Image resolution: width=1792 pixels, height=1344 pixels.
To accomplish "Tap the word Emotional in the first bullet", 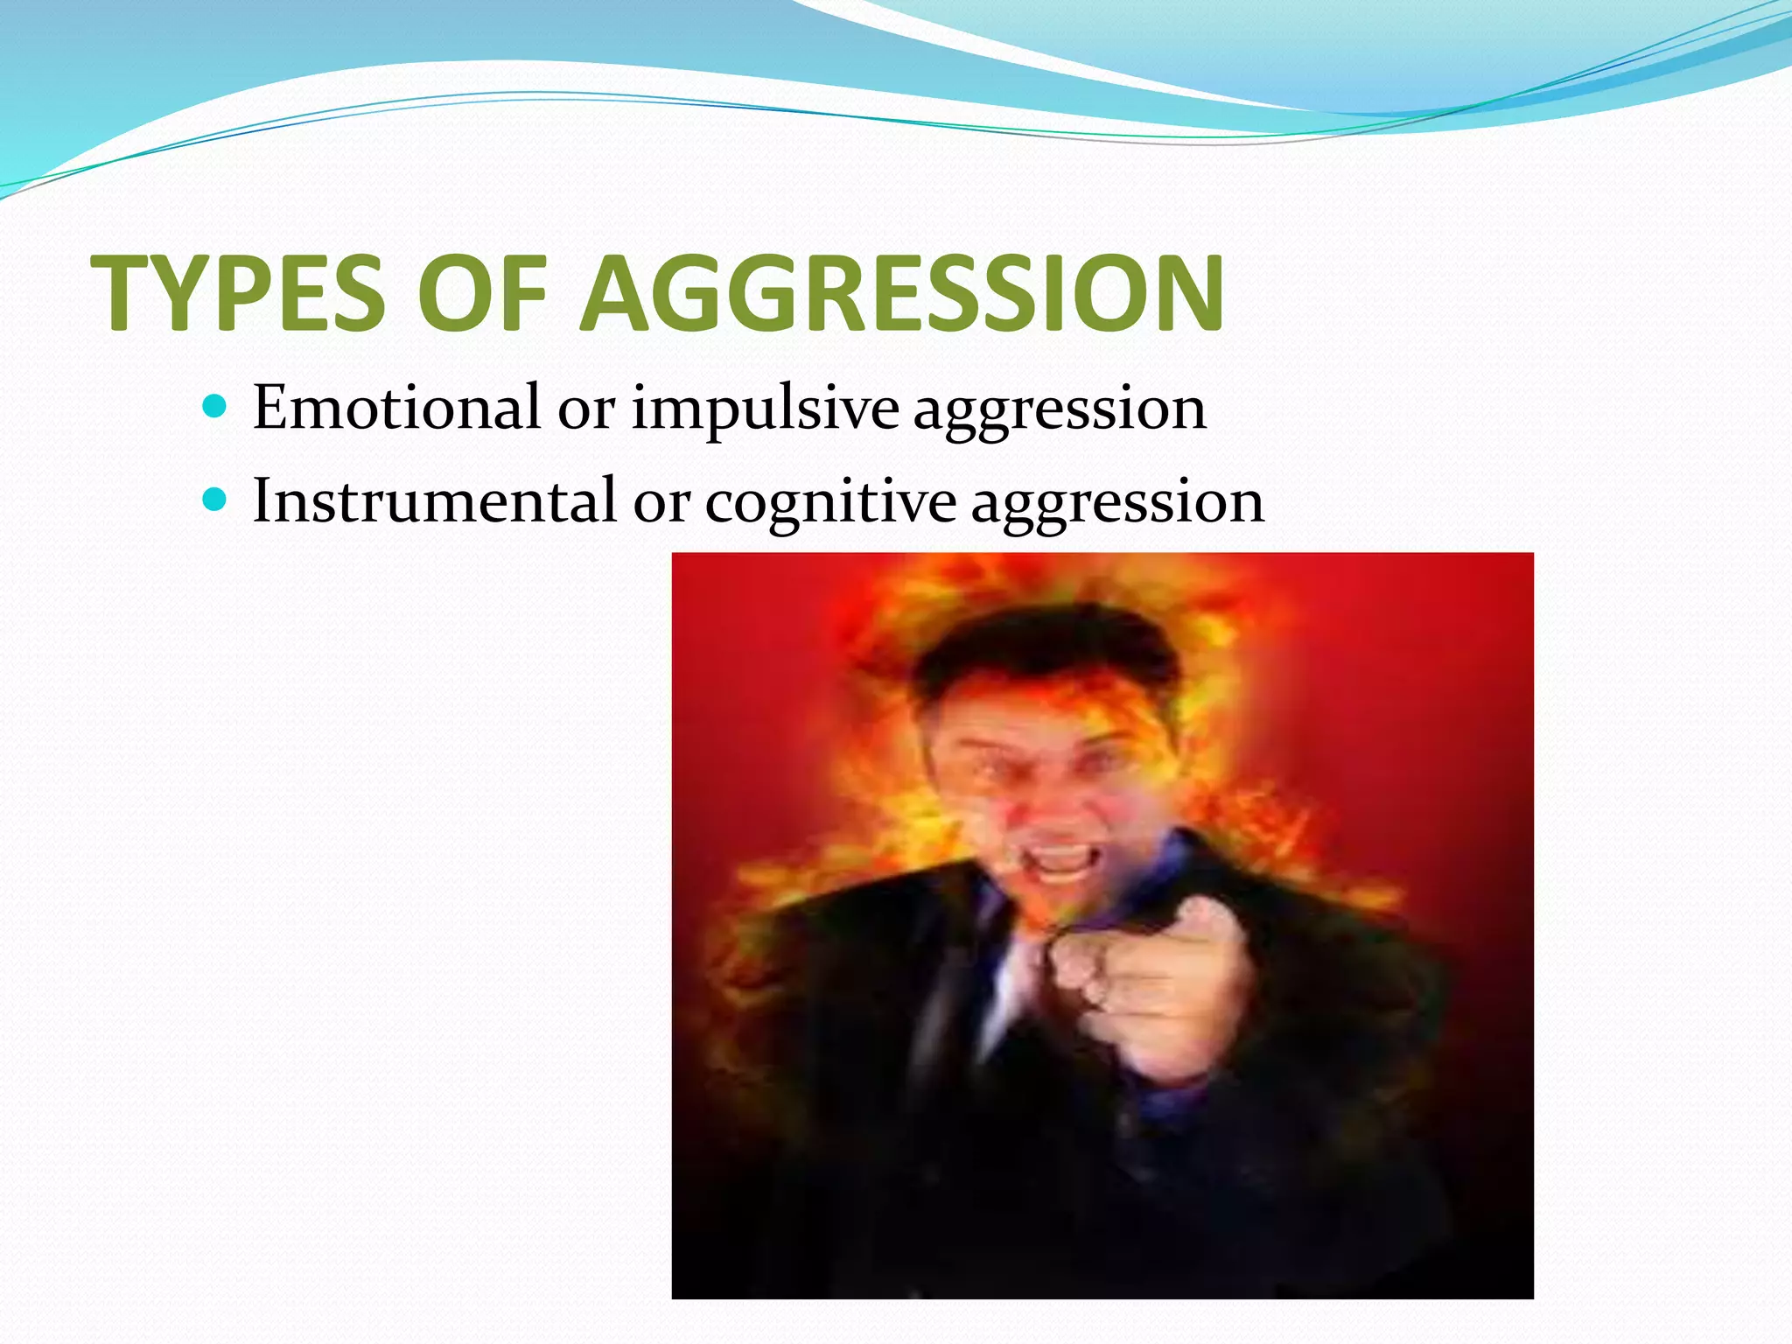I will pos(396,408).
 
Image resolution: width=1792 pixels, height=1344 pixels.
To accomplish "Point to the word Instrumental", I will pos(435,500).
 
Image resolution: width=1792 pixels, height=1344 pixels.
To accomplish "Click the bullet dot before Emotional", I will pos(214,407).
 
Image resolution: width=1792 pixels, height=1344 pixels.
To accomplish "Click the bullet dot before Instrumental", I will pos(214,500).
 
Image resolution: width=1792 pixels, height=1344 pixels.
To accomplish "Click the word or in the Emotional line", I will pos(585,409).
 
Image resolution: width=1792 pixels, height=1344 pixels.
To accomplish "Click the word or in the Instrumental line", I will pos(661,502).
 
